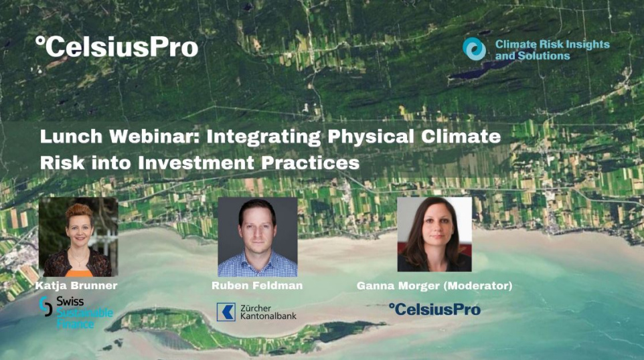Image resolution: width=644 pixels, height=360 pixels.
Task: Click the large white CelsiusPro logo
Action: pyautogui.click(x=116, y=46)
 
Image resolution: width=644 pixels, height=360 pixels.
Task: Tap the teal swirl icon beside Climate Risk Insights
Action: pyautogui.click(x=475, y=49)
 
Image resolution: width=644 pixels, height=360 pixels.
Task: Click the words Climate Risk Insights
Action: pyautogui.click(x=552, y=44)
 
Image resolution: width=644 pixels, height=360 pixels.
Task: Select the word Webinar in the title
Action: pyautogui.click(x=155, y=137)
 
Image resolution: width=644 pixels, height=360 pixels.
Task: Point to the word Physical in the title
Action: pyautogui.click(x=371, y=137)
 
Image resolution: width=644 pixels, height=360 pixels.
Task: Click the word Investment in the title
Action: pyautogui.click(x=196, y=163)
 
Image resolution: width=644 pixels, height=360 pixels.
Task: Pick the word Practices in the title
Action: pyautogui.click(x=311, y=163)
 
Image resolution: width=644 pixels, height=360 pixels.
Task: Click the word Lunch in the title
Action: pyautogui.click(x=71, y=137)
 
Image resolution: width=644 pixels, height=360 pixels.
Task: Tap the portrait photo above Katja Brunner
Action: pyautogui.click(x=78, y=237)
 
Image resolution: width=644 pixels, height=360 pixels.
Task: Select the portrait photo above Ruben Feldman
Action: pyautogui.click(x=258, y=237)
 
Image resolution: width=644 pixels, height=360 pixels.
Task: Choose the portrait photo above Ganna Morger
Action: pyautogui.click(x=434, y=234)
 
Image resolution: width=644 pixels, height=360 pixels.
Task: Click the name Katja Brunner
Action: pyautogui.click(x=76, y=285)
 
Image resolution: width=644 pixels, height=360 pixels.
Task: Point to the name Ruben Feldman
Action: pyautogui.click(x=257, y=285)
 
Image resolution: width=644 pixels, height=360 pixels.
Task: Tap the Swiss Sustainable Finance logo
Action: pyautogui.click(x=76, y=312)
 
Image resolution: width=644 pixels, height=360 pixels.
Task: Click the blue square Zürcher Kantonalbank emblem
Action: pyautogui.click(x=226, y=312)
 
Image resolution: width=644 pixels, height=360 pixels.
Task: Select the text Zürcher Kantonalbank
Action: pyautogui.click(x=268, y=312)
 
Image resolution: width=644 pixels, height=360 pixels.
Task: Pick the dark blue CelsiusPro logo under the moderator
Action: pyautogui.click(x=434, y=310)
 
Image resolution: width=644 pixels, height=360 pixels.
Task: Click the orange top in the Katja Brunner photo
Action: pyautogui.click(x=79, y=273)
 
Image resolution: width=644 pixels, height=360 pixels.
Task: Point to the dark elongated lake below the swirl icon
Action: pyautogui.click(x=477, y=71)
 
